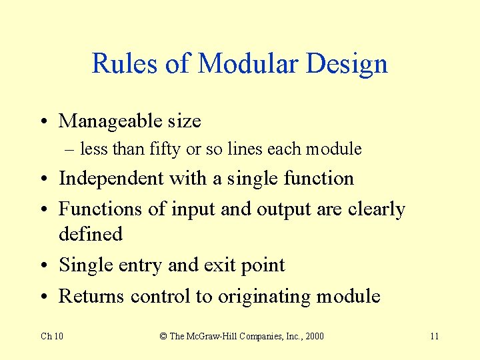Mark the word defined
(91, 235)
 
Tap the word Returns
(91, 296)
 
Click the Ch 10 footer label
(52, 336)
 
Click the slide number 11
(434, 336)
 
